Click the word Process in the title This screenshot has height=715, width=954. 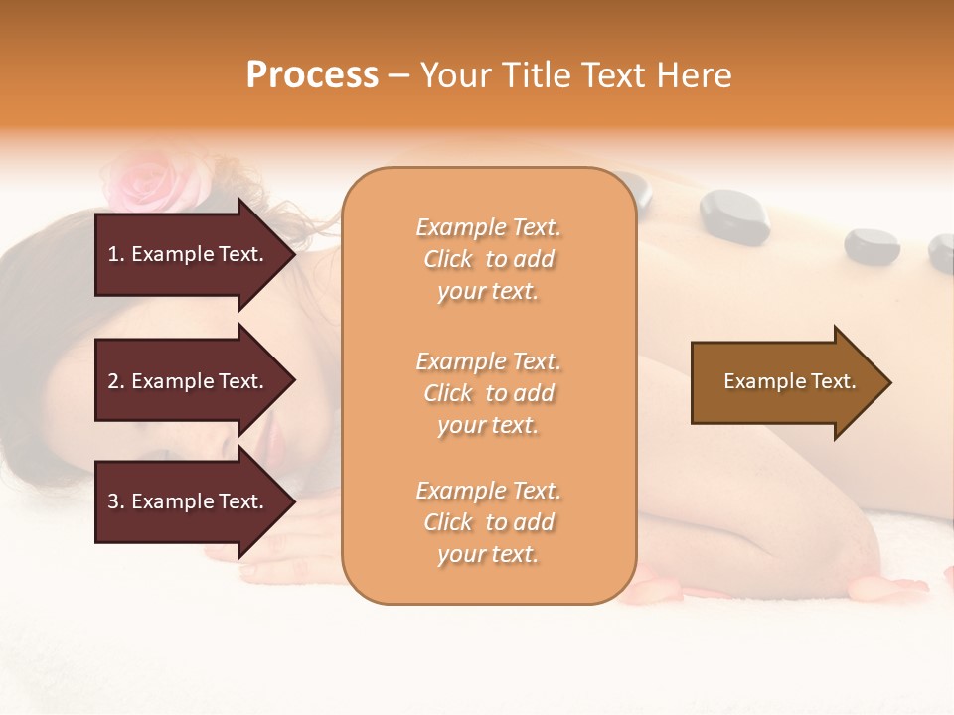coord(312,75)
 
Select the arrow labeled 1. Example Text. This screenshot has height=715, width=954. coord(189,254)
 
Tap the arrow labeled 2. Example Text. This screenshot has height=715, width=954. coord(189,381)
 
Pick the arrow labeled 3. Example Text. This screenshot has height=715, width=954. coord(189,501)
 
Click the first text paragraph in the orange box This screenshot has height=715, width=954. coord(488,259)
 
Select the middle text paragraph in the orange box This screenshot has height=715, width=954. coord(488,393)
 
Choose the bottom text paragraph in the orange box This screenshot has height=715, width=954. coord(488,522)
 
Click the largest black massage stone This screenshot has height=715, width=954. coord(733,216)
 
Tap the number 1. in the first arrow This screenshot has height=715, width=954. coord(116,254)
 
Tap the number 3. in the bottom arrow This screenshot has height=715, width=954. coord(116,501)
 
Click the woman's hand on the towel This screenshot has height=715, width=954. coord(288,556)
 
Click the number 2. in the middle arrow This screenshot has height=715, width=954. coord(116,381)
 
